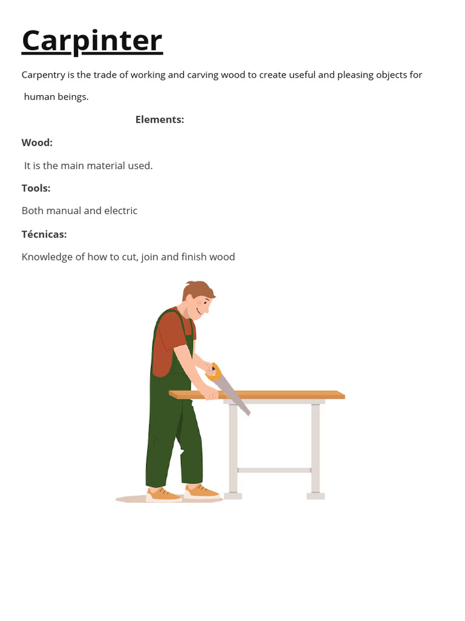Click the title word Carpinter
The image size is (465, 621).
pyautogui.click(x=92, y=41)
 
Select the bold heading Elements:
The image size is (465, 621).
pyautogui.click(x=159, y=119)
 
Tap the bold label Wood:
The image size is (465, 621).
pyautogui.click(x=37, y=143)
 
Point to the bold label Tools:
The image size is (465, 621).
pyautogui.click(x=36, y=188)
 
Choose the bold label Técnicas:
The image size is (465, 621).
pyautogui.click(x=44, y=234)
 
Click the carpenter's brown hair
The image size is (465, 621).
pyautogui.click(x=197, y=289)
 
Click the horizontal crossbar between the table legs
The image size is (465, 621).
pyautogui.click(x=274, y=470)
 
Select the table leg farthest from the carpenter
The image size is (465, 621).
pyautogui.click(x=315, y=449)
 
